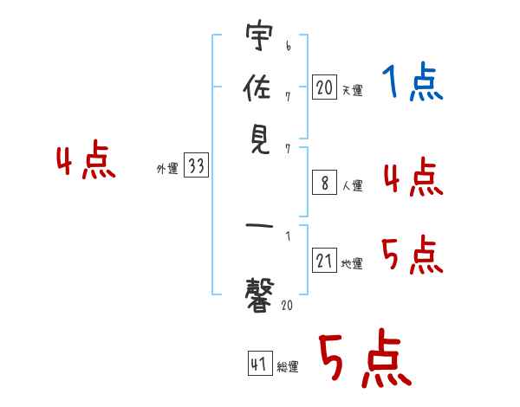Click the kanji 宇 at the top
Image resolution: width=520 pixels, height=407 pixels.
259,35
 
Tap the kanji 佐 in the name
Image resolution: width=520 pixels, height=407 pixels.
257,87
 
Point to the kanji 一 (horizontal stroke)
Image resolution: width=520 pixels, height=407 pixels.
259,226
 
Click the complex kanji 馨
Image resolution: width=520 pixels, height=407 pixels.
260,295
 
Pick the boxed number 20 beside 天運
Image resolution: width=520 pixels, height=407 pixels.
324,87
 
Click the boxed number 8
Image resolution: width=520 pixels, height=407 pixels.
324,183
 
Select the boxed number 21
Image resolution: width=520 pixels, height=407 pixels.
324,260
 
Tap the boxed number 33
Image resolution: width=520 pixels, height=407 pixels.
196,165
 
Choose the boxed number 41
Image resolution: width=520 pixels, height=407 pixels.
260,363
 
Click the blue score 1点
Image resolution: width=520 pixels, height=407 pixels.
413,81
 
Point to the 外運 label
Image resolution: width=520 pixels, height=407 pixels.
167,168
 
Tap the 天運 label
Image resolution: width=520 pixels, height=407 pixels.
352,90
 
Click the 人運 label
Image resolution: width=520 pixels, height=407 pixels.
353,185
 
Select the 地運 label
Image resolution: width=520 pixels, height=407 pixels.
352,263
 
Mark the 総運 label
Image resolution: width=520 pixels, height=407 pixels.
288,367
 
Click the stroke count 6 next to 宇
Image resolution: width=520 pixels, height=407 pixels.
289,46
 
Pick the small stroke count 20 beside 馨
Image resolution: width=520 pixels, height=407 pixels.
287,305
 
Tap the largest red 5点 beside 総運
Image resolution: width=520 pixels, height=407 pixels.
365,358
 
